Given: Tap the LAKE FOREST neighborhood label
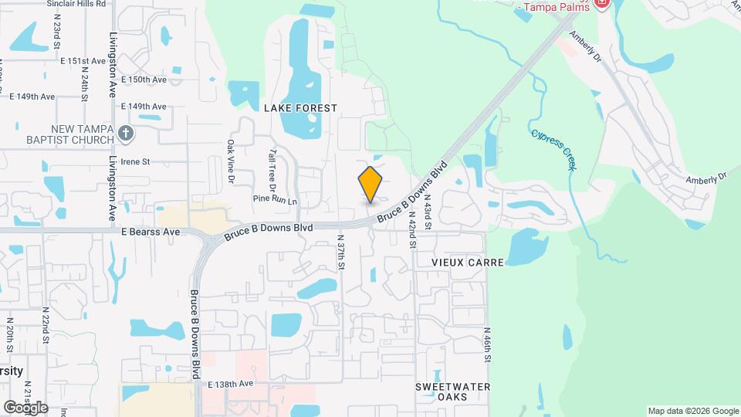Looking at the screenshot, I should click(300, 108).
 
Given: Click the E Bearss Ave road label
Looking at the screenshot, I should click(150, 232).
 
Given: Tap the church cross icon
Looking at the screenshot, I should click(127, 134).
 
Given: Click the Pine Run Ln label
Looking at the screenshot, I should click(275, 200).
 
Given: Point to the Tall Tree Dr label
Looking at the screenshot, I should click(272, 171).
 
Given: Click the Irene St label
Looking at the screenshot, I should click(134, 161).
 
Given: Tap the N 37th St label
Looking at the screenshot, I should click(340, 253).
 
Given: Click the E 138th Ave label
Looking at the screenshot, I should click(230, 384).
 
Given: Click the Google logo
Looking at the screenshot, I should click(25, 407).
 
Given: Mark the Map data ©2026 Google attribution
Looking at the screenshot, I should click(693, 411).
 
